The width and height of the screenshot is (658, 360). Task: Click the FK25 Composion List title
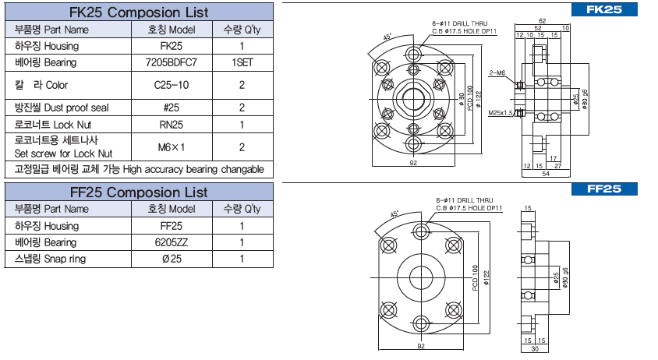click(138, 12)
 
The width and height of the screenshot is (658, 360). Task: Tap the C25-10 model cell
click(172, 84)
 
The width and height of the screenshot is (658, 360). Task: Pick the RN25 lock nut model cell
click(172, 124)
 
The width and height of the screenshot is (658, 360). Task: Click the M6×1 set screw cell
click(172, 146)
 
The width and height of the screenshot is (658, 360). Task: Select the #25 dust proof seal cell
click(172, 108)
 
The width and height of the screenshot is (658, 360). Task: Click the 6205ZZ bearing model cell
click(172, 242)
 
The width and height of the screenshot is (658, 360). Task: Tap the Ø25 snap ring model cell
click(172, 259)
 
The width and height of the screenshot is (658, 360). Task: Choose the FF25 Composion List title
click(138, 192)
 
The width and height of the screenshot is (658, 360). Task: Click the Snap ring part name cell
click(47, 259)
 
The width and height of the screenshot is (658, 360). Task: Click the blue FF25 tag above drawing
click(604, 189)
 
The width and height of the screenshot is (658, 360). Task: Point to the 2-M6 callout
click(497, 72)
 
